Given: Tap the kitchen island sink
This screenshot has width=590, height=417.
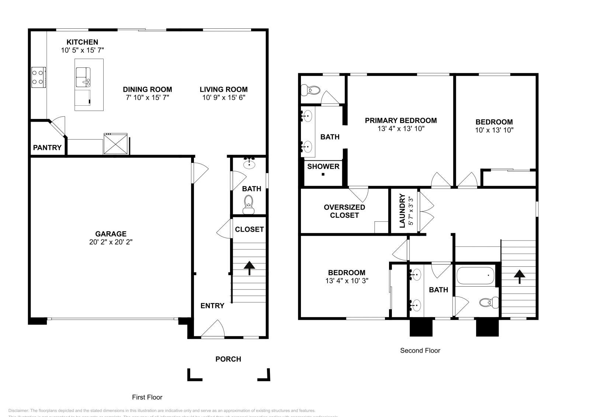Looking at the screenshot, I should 83,76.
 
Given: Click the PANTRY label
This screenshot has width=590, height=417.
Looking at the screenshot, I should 47,148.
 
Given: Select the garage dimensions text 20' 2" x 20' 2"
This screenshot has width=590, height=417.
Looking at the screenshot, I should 111,242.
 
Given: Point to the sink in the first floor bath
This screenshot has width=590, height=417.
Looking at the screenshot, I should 250,163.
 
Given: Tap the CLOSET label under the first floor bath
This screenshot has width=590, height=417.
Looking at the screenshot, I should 249,229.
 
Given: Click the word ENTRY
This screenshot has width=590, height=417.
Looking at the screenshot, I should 212,306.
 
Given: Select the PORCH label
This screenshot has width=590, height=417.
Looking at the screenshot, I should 228,359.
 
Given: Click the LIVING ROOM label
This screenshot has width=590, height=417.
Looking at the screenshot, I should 223,90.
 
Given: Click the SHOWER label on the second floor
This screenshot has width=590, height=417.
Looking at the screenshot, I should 323,167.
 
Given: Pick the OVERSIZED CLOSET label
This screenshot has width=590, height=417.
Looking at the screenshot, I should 344,211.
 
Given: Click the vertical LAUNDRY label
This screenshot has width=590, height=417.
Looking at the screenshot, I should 402,211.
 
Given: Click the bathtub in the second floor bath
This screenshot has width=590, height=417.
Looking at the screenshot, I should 475,276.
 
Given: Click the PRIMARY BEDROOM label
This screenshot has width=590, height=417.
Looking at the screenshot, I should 401,120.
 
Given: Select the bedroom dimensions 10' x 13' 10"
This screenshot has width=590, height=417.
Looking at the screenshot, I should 494,130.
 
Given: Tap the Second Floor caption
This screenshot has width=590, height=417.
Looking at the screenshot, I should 420,351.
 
